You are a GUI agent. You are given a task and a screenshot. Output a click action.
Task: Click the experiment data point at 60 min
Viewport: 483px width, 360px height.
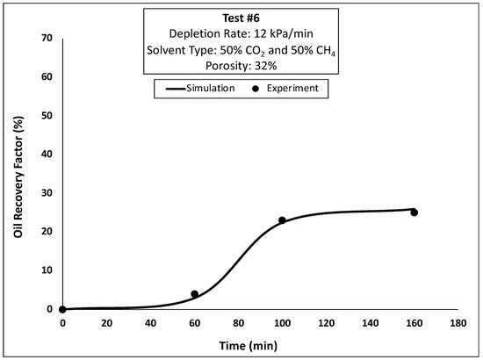[194, 294]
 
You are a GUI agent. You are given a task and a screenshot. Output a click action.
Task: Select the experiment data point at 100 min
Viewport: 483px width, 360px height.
[282, 220]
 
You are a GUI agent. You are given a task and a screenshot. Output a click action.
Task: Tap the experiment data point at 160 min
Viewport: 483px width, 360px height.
[414, 212]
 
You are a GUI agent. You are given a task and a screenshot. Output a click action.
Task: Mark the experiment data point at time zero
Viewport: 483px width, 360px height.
[62, 309]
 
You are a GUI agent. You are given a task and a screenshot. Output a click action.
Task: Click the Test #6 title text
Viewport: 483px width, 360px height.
[240, 16]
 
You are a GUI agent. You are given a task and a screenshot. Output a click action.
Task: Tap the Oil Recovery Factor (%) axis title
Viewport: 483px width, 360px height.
[15, 173]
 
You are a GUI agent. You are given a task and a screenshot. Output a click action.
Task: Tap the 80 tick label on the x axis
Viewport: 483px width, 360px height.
[238, 323]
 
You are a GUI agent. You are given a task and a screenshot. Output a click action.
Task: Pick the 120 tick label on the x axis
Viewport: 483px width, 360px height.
[326, 323]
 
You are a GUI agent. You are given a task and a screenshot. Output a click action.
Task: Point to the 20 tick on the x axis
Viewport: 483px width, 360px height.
[106, 323]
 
